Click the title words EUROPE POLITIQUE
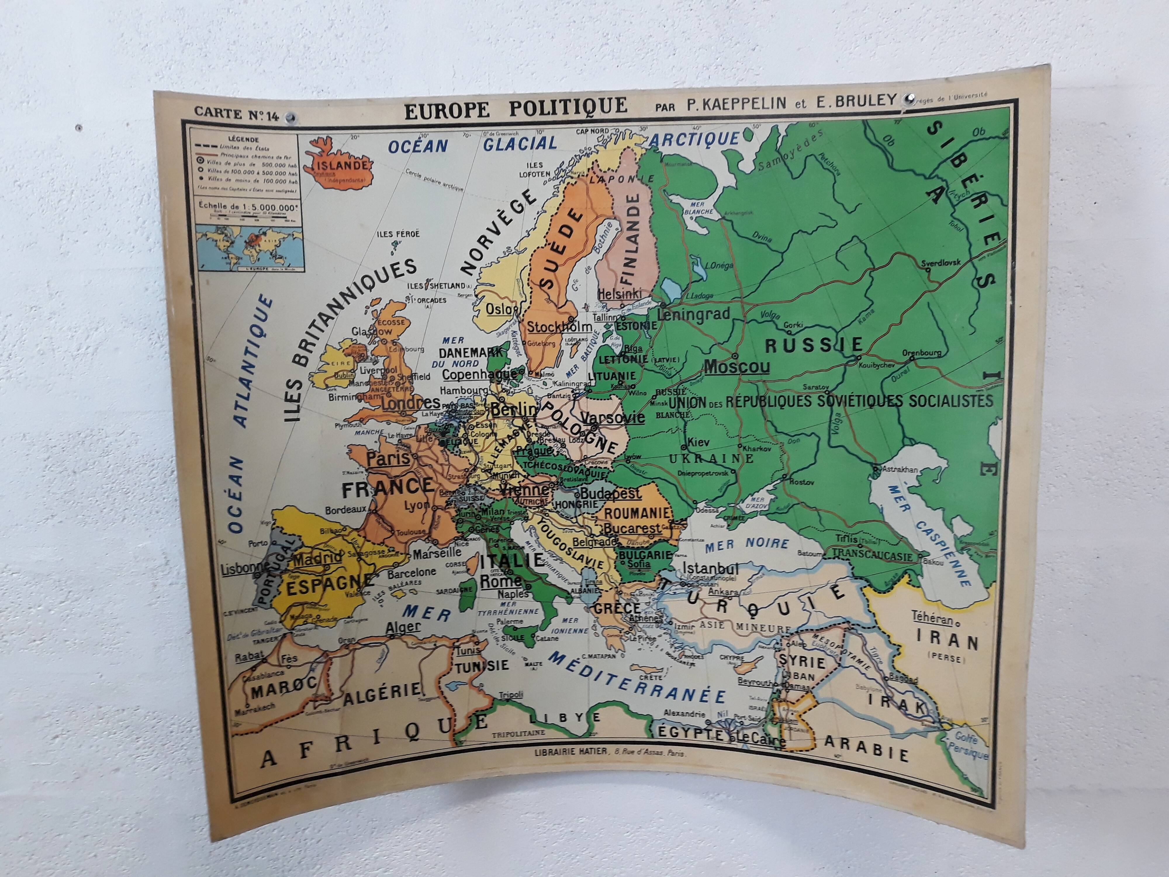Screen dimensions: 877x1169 [515, 107]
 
